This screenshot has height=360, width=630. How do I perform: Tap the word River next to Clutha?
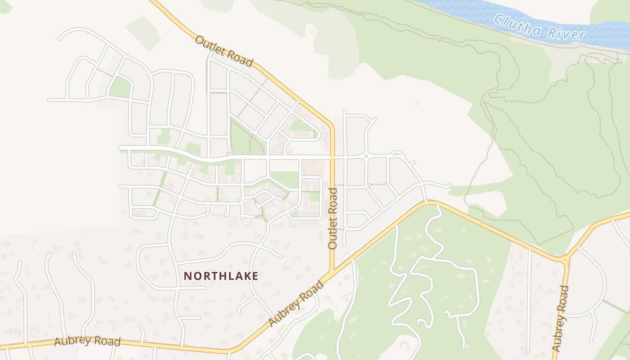[567, 34]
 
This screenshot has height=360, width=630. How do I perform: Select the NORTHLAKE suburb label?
[221, 276]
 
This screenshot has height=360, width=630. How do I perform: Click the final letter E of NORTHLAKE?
[255, 276]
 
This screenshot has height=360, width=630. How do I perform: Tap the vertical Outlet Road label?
[333, 219]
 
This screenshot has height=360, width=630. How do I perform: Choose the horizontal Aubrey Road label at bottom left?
[87, 342]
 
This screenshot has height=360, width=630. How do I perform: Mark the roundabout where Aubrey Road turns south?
[566, 259]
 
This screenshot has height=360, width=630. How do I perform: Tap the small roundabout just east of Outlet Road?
[366, 156]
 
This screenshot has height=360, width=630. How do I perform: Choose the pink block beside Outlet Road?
[313, 167]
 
